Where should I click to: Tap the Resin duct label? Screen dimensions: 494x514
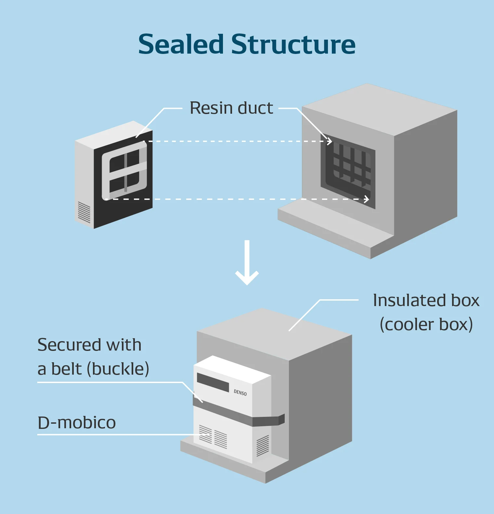pyautogui.click(x=231, y=108)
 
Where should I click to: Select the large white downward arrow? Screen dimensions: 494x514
pyautogui.click(x=247, y=263)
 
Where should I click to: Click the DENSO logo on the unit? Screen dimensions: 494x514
pyautogui.click(x=240, y=392)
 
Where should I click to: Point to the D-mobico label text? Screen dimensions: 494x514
pyautogui.click(x=77, y=422)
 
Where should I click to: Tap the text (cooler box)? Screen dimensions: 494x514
pyautogui.click(x=426, y=324)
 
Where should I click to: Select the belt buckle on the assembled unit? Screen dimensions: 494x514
pyautogui.click(x=281, y=419)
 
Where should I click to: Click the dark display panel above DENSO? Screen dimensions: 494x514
pyautogui.click(x=213, y=382)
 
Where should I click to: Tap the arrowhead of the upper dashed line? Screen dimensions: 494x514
pyautogui.click(x=330, y=141)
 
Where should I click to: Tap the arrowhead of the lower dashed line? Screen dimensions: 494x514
pyautogui.click(x=367, y=199)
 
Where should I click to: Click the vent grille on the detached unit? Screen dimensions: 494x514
pyautogui.click(x=84, y=212)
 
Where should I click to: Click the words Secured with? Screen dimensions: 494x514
pyautogui.click(x=89, y=344)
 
